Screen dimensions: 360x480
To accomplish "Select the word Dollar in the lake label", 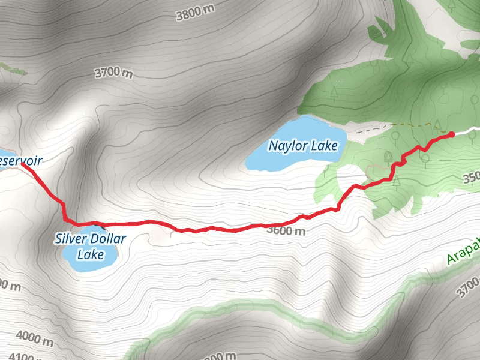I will (x=109, y=239).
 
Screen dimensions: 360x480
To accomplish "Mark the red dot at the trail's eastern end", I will (x=451, y=134).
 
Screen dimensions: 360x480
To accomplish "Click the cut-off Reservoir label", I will (x=21, y=161).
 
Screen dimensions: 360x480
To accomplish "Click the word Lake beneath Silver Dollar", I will (x=91, y=254).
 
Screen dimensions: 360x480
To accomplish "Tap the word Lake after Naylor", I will (x=325, y=146).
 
